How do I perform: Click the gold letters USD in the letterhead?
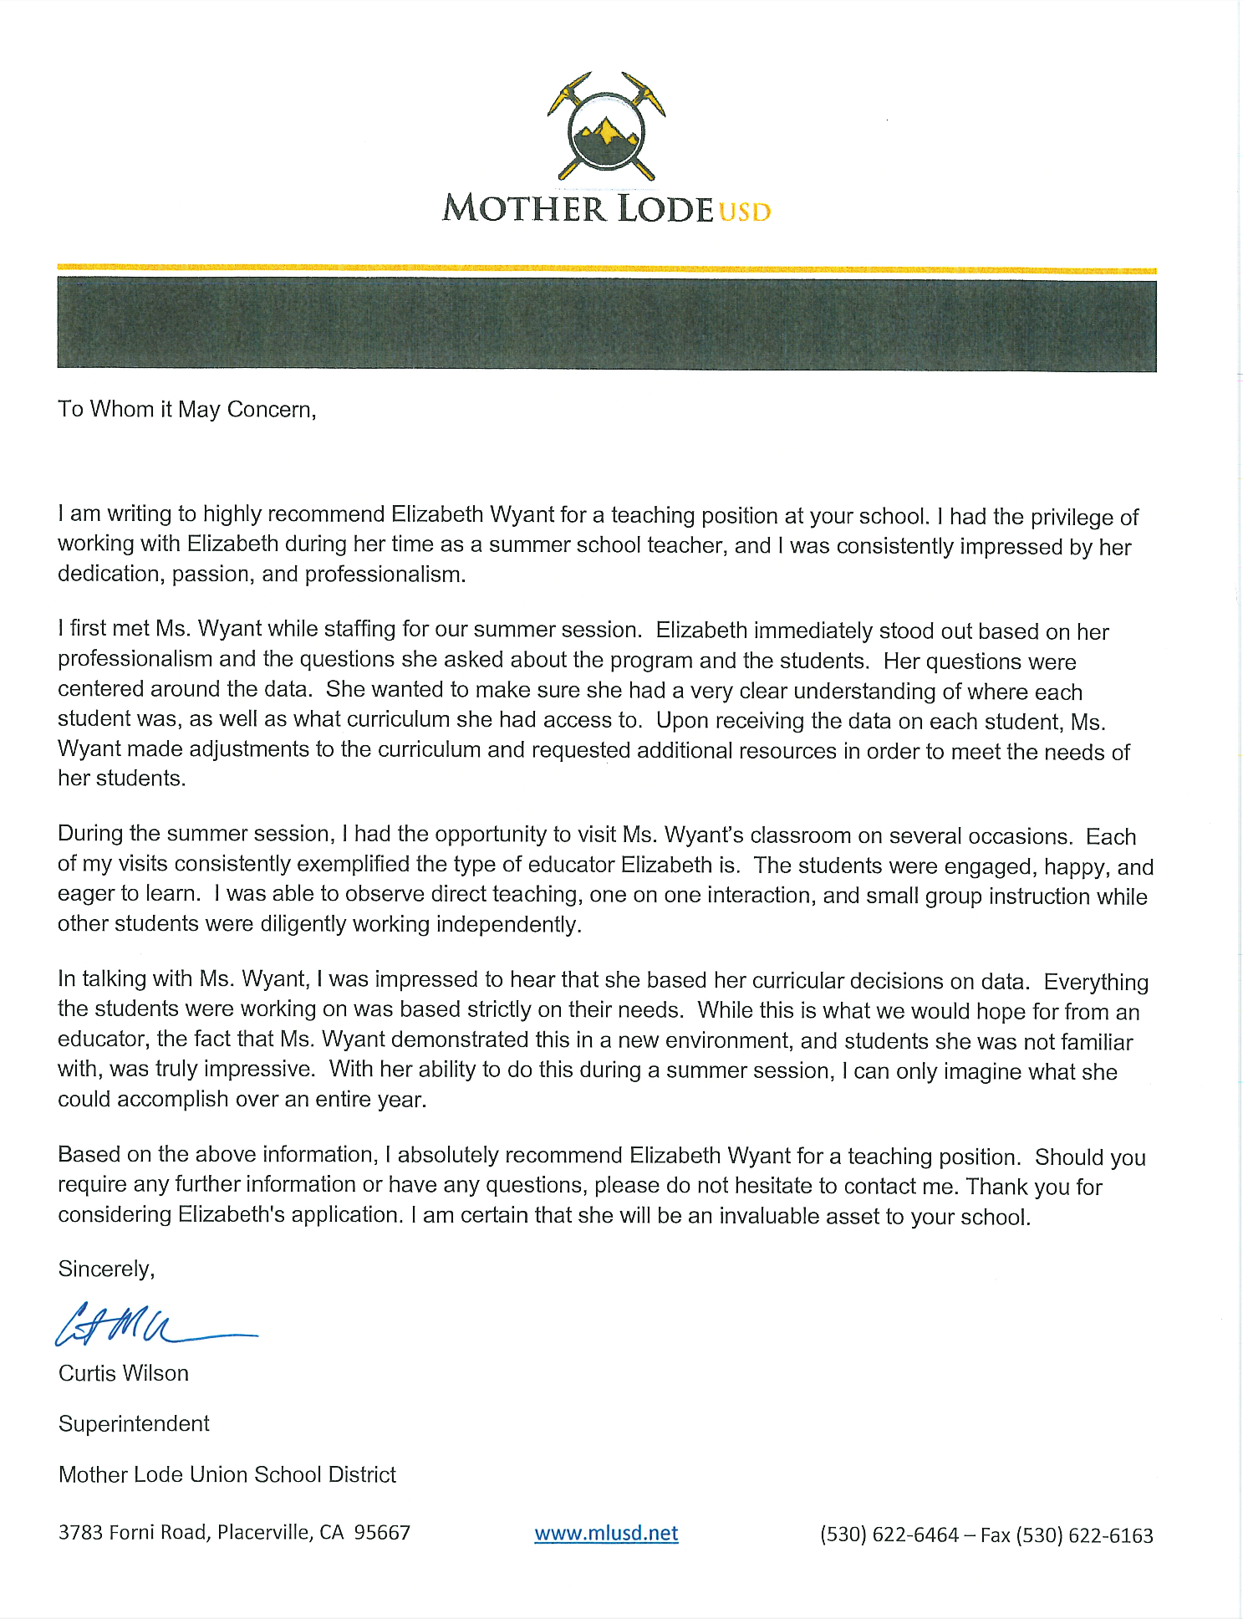(744, 211)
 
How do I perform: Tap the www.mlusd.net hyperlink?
(606, 1533)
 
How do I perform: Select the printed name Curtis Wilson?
(124, 1373)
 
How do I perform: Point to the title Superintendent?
(134, 1423)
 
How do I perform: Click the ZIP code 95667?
(382, 1532)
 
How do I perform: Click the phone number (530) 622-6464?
(889, 1535)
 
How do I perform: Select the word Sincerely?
(106, 1269)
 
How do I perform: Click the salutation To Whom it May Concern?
(186, 409)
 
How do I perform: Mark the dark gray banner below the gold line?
(606, 324)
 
